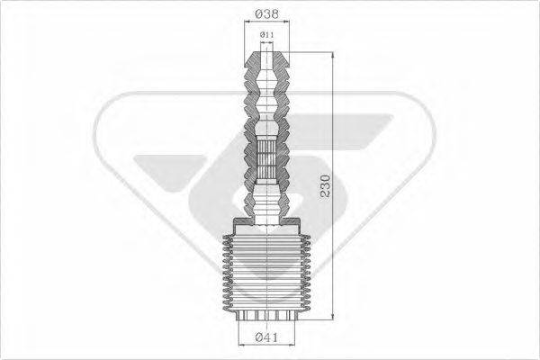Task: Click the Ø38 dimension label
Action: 267,13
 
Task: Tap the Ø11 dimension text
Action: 267,35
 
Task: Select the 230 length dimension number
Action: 326,186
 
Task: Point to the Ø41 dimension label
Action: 266,337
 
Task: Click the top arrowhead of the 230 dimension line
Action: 332,55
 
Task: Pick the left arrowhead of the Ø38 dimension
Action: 247,22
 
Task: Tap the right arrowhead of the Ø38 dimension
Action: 286,22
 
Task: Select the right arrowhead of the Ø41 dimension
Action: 292,344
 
